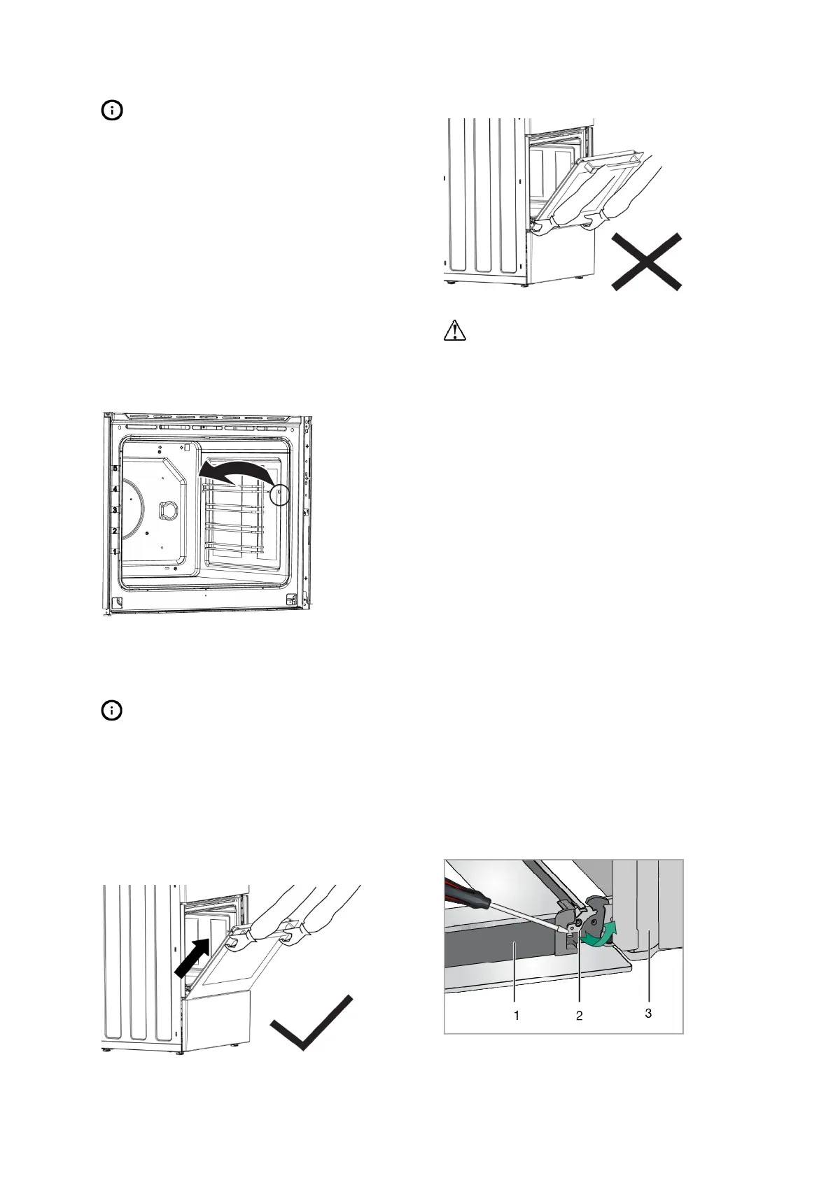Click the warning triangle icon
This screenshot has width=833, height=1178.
[455, 330]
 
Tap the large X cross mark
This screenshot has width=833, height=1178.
[645, 262]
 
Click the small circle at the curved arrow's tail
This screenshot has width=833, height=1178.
[280, 493]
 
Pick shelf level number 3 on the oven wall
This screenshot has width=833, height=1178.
[115, 511]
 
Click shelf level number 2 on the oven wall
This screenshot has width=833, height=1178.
[115, 531]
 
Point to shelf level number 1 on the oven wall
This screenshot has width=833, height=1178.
[115, 552]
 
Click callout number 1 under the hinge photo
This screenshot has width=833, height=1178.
[517, 1015]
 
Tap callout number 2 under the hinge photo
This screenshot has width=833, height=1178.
[579, 1016]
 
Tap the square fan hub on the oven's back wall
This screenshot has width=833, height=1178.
[166, 511]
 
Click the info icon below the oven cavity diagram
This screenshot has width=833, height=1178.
[112, 711]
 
